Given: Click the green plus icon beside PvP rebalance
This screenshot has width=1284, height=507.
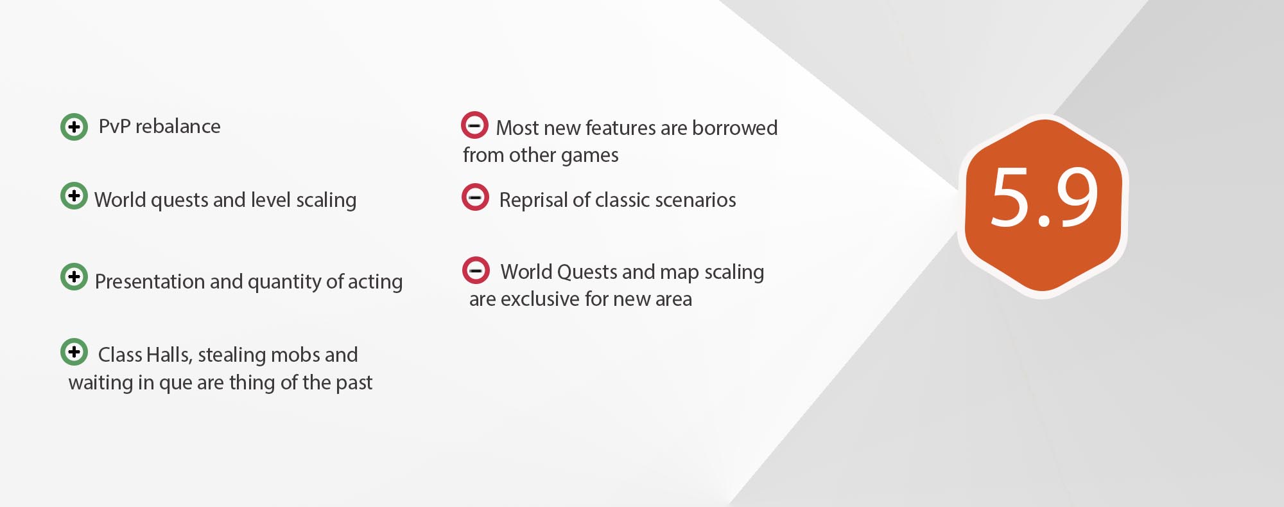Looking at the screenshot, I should (x=74, y=127).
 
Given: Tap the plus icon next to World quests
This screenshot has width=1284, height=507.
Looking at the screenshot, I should (x=74, y=195).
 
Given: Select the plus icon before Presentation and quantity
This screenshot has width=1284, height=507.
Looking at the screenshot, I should (x=74, y=276).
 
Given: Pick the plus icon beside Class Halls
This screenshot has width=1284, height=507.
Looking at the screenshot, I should (x=74, y=351).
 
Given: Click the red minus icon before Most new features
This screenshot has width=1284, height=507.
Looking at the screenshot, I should (x=474, y=125).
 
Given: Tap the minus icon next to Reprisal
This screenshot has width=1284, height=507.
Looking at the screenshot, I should (x=475, y=197).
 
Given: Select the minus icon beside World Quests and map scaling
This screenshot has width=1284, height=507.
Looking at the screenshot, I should (x=476, y=271).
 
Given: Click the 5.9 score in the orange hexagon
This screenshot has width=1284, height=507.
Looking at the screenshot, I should (x=1043, y=198).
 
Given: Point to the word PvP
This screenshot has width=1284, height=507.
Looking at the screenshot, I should (x=114, y=127).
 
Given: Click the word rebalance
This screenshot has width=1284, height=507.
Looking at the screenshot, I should (x=178, y=127).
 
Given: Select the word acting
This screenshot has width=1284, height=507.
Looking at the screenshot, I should (x=375, y=281).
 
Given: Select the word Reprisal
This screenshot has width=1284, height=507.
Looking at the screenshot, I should (x=534, y=200).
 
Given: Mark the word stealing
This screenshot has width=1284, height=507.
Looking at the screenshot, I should (x=232, y=355).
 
